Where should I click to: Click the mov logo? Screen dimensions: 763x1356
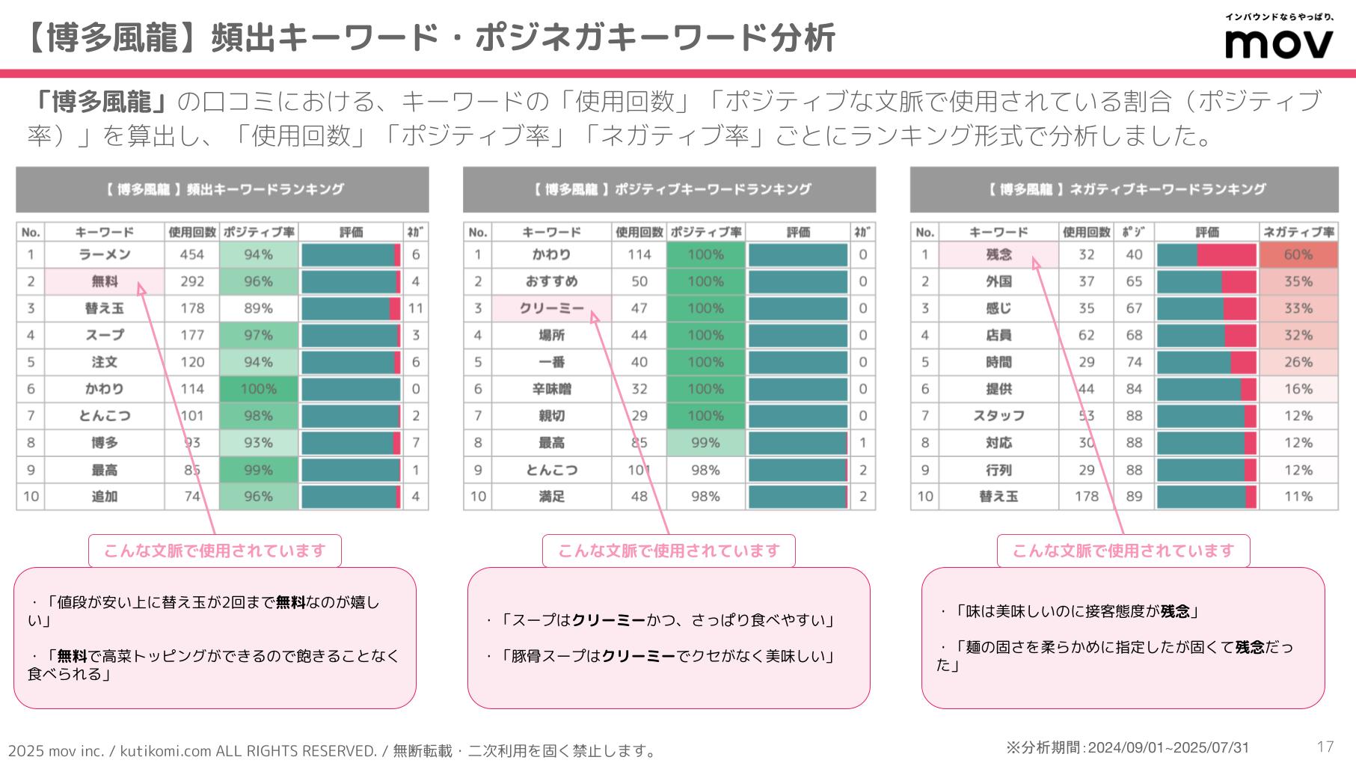point(1278,43)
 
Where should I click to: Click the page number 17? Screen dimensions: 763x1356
point(1325,746)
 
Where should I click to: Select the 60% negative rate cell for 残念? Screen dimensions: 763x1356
point(1298,254)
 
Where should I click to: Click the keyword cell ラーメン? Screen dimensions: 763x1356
point(105,254)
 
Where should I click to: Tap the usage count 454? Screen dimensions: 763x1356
point(192,254)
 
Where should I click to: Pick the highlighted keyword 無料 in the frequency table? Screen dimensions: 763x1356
point(105,281)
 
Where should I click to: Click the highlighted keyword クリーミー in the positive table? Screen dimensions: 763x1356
point(551,308)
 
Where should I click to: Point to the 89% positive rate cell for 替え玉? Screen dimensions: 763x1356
point(258,308)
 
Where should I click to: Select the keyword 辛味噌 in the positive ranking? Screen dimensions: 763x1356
point(551,389)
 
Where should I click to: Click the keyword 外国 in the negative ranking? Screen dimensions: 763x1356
point(998,281)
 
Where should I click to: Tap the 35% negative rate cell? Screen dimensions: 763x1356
point(1298,281)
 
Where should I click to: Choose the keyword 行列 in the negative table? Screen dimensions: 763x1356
point(998,470)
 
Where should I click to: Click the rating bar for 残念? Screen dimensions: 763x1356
point(1206,254)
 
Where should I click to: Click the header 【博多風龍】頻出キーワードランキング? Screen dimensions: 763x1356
point(222,189)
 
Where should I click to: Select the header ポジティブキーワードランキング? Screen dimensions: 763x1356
point(669,189)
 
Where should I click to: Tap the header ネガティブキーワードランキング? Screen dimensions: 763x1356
point(1123,189)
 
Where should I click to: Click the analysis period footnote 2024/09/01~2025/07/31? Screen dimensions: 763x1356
point(1128,747)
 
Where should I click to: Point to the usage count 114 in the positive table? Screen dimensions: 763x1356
point(639,254)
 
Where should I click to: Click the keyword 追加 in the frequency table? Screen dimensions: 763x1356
point(105,497)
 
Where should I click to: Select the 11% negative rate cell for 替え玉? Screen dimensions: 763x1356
point(1298,497)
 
